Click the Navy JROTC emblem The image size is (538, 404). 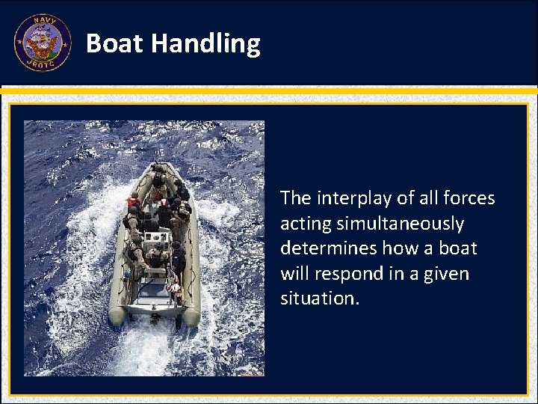tap(43, 43)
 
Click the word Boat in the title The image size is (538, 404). tap(114, 43)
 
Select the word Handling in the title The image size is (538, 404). tap(205, 43)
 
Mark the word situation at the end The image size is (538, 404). tap(319, 299)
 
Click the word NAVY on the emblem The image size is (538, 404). tap(43, 23)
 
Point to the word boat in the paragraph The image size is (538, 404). tap(458, 248)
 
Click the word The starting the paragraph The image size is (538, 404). tap(296, 198)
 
